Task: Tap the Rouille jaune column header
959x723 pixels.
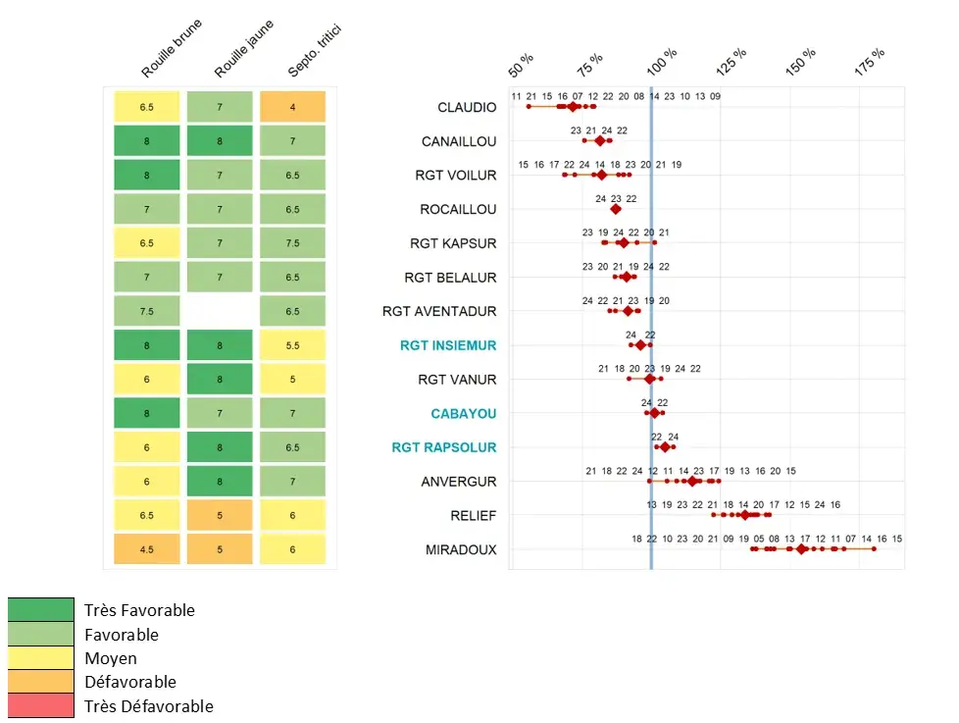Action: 241,50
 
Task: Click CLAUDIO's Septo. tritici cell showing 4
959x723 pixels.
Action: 292,107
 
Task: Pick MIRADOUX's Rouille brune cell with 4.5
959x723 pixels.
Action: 146,549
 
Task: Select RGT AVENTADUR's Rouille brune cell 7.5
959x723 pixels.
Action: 146,311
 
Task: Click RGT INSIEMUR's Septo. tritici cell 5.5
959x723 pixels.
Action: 292,345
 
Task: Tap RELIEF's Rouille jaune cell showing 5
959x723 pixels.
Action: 220,515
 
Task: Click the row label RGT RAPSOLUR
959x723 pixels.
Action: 443,447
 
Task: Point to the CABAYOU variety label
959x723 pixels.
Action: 463,414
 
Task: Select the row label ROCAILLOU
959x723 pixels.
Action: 458,209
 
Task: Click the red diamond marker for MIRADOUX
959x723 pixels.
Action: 802,548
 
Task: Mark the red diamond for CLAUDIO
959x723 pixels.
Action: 573,106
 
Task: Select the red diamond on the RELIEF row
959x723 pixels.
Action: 744,514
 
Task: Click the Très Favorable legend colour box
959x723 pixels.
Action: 40,610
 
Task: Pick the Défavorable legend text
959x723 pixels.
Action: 129,682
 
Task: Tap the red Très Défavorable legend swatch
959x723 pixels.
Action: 40,705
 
